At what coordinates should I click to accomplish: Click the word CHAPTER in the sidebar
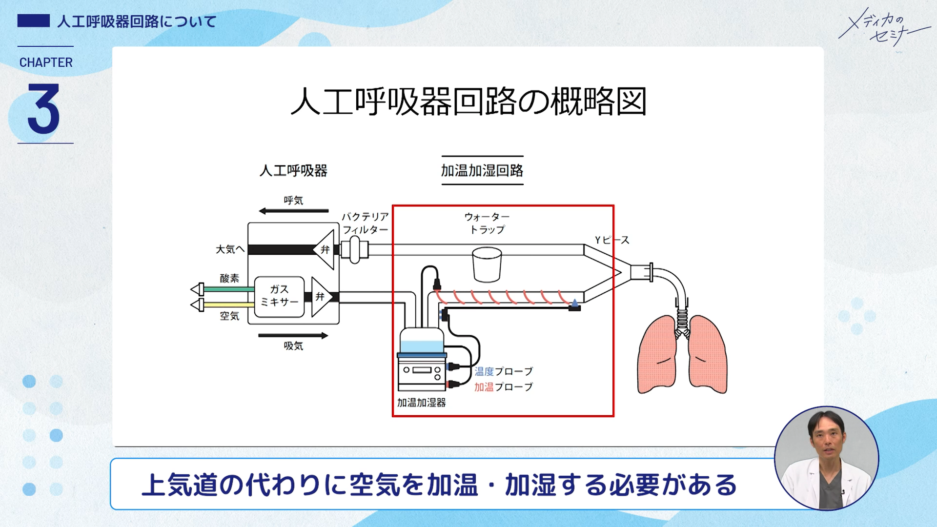point(46,62)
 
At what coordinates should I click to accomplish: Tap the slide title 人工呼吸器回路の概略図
point(468,101)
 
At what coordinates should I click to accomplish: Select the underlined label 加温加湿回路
point(482,171)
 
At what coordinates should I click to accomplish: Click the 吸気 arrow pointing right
point(293,335)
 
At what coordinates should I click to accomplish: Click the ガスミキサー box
point(279,296)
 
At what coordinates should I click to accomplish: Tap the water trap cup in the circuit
point(487,265)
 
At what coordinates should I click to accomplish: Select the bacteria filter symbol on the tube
point(355,250)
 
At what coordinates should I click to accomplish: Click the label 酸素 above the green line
point(229,278)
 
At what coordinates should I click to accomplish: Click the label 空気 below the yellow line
point(229,316)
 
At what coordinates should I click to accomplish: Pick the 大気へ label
point(230,249)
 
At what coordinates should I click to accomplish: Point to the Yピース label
point(612,240)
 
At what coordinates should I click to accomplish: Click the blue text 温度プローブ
point(504,371)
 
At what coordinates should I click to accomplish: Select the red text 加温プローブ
point(504,387)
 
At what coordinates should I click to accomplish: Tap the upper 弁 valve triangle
point(325,250)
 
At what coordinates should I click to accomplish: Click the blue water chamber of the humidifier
point(422,346)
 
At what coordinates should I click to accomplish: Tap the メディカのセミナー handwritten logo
point(883,27)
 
